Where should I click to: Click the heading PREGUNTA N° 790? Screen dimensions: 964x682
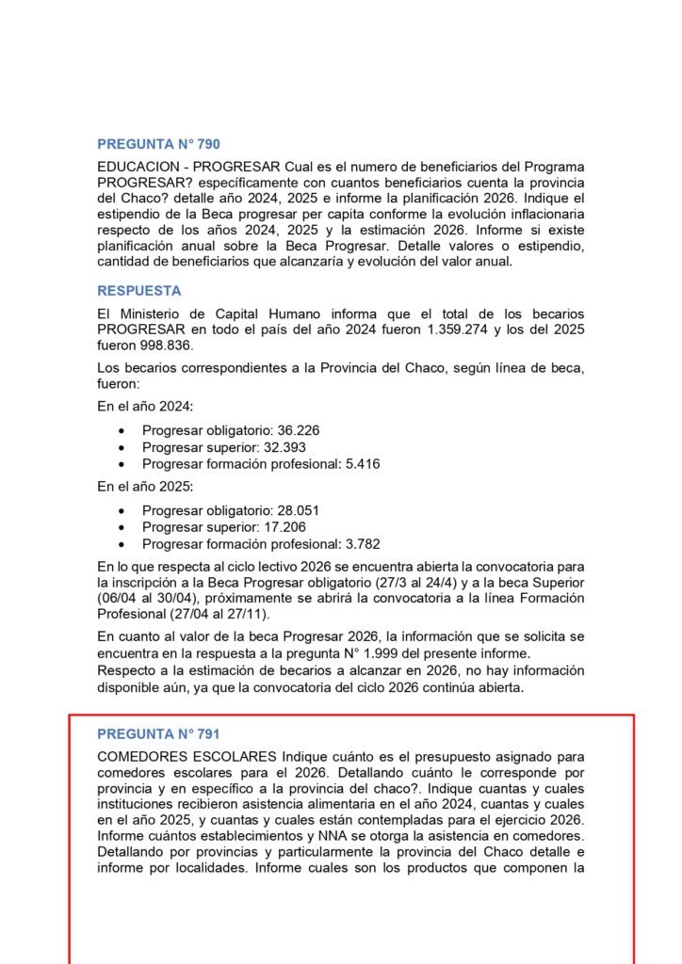pos(158,144)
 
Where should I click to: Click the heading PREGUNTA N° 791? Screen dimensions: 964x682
pos(158,733)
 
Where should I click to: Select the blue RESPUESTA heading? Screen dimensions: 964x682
pos(139,291)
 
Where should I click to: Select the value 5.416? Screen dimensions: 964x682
pos(361,464)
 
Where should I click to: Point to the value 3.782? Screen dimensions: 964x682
pos(361,545)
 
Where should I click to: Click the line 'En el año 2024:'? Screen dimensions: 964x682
pos(145,406)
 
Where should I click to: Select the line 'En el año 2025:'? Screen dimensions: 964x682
pos(145,487)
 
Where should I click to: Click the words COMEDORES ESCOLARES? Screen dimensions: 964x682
pos(187,757)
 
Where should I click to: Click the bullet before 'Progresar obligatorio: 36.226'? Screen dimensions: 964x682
pos(122,431)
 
